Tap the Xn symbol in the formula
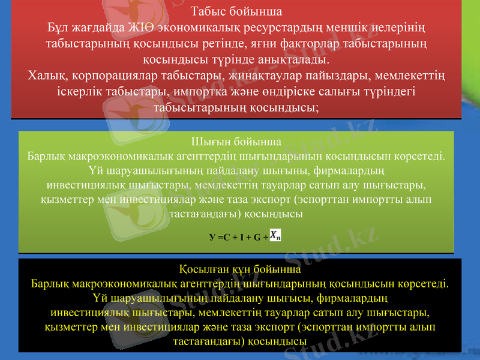pos(274,236)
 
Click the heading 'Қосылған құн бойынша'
pos(240,269)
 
